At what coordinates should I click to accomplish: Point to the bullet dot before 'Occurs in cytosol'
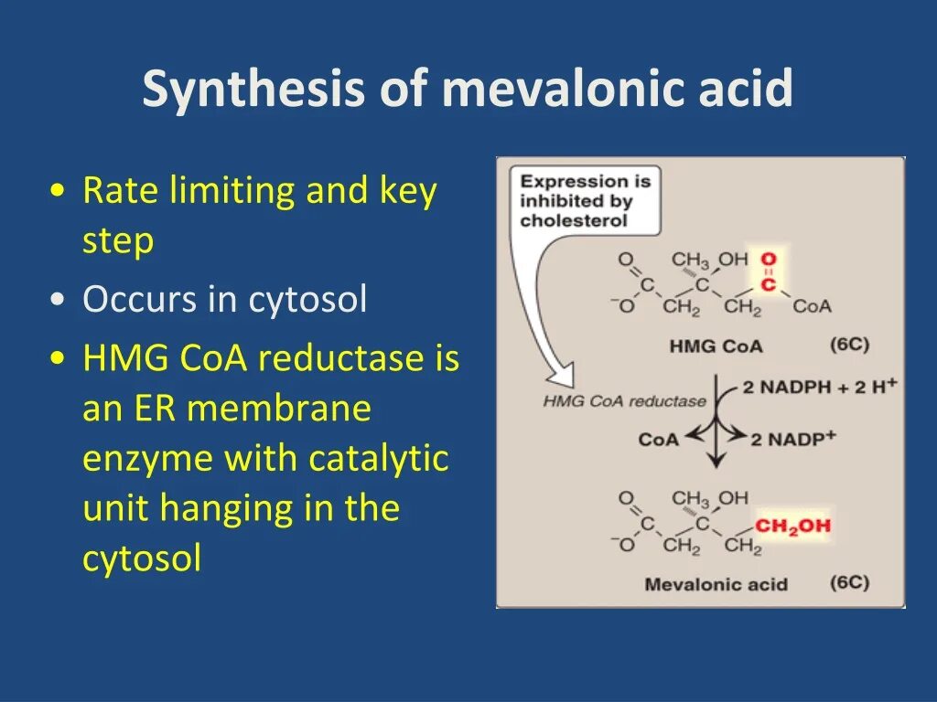coord(59,301)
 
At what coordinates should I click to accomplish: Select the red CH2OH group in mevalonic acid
coord(792,526)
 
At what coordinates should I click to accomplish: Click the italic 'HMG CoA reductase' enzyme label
coord(624,401)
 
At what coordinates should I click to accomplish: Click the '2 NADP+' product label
coord(793,439)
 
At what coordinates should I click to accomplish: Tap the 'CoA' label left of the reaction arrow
coord(659,440)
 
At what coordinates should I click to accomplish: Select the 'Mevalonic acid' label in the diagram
coord(716,584)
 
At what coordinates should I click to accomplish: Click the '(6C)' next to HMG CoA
coord(849,345)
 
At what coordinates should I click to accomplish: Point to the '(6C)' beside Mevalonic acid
coord(849,582)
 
